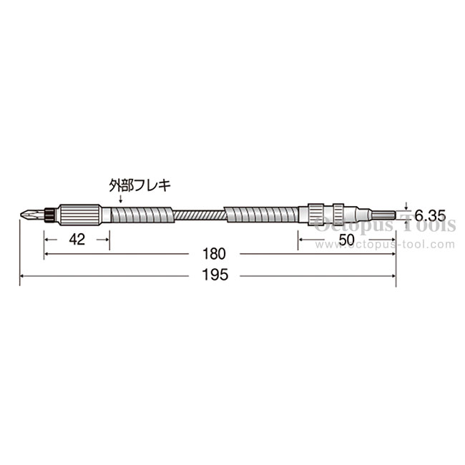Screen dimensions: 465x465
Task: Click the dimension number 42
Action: coord(77,240)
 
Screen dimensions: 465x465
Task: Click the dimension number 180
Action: coord(214,254)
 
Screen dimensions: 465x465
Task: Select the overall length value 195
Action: coord(215,275)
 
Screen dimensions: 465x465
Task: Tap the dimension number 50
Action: coord(346,240)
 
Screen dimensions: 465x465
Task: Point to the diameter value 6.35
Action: coord(430,215)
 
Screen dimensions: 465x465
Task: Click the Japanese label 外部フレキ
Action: coord(139,186)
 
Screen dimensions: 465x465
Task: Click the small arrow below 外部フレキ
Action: coord(120,198)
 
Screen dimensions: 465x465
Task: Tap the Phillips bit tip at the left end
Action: coord(32,215)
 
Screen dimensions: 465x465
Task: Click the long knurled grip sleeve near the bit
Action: coord(79,215)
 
